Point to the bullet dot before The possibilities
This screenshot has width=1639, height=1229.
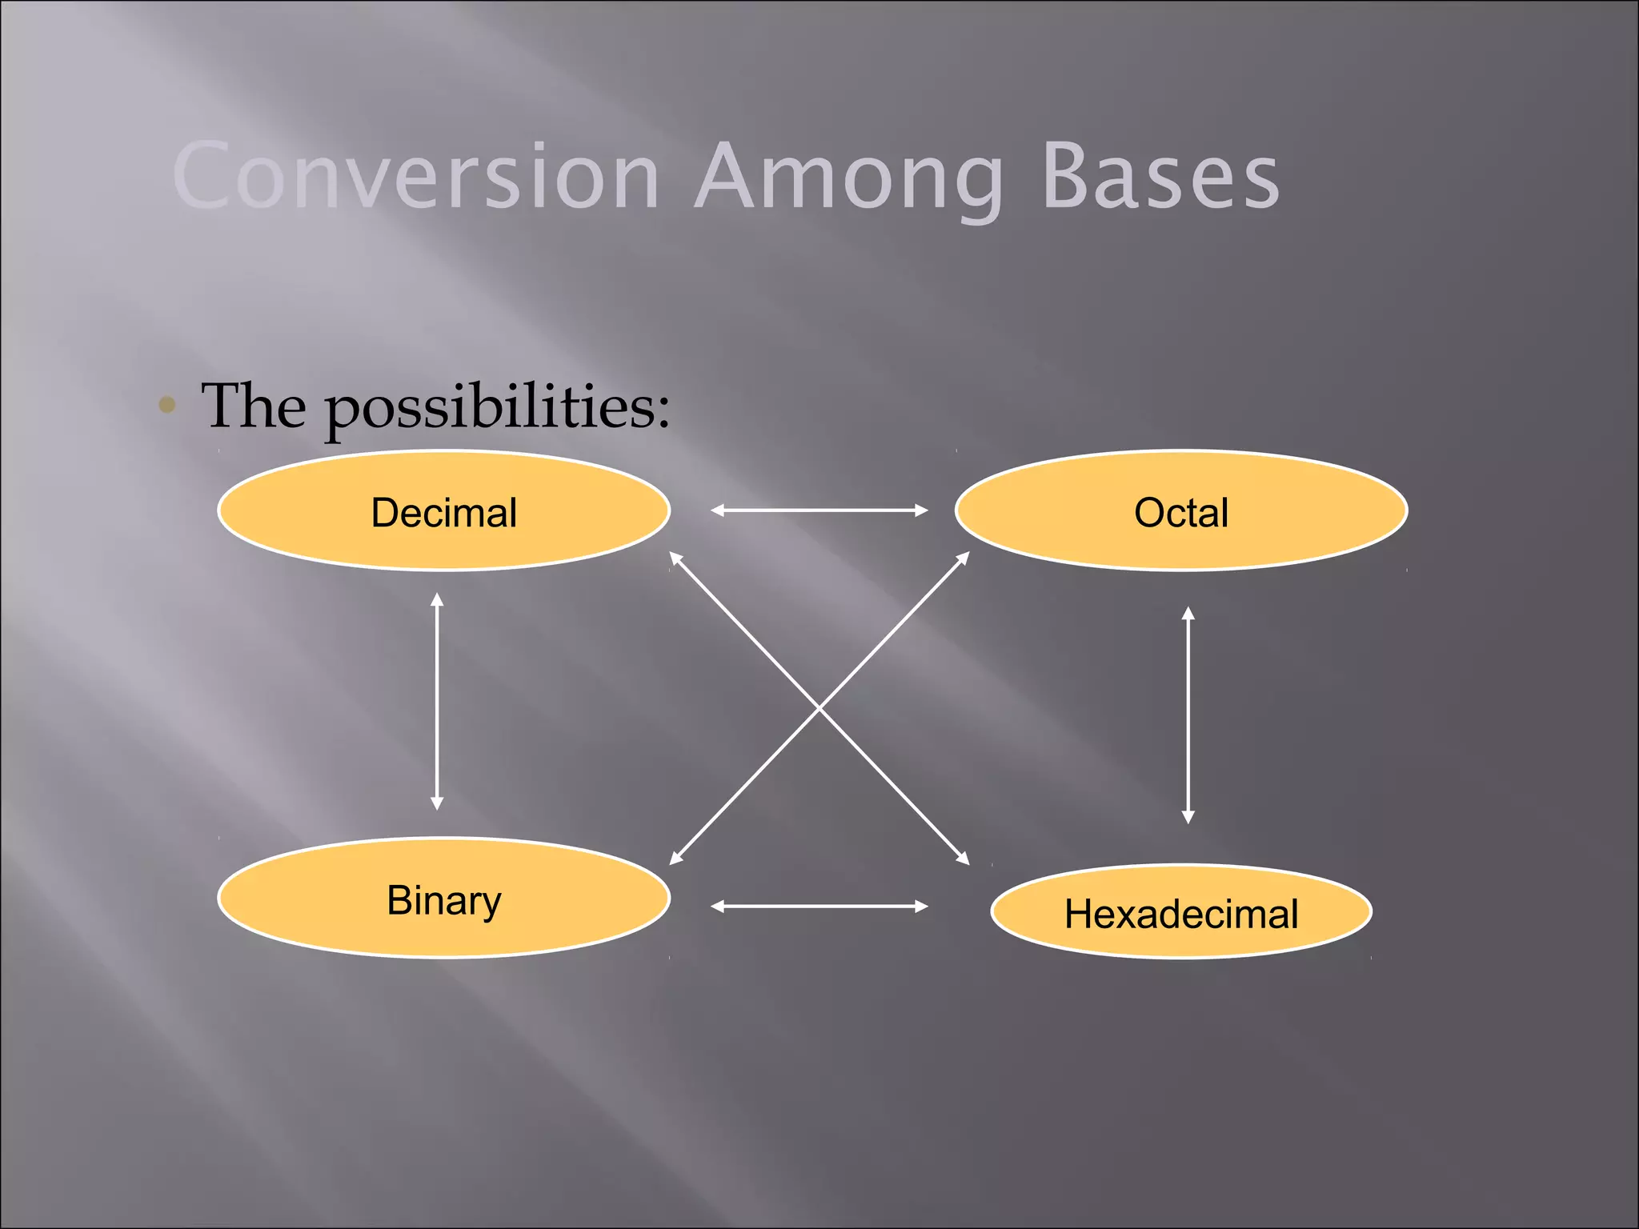pyautogui.click(x=167, y=405)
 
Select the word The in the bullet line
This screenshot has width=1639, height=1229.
pyautogui.click(x=253, y=406)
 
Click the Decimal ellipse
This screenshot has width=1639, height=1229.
pyautogui.click(x=444, y=511)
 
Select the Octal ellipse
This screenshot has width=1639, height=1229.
pyautogui.click(x=1181, y=511)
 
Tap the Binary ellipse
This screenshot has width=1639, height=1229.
pyautogui.click(x=444, y=899)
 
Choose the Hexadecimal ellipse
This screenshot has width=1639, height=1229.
pyautogui.click(x=1181, y=912)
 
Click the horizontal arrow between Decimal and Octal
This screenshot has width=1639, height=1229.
pyautogui.click(x=819, y=510)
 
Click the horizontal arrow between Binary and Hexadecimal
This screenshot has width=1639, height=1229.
pyautogui.click(x=819, y=906)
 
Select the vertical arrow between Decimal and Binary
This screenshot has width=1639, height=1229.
pyautogui.click(x=437, y=701)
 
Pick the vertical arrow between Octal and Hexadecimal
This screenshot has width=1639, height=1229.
pyautogui.click(x=1188, y=715)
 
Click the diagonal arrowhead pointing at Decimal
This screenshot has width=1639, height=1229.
pyautogui.click(x=675, y=557)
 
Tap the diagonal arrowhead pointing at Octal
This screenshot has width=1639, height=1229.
pyautogui.click(x=964, y=557)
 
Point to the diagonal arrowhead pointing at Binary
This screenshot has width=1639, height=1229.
pyautogui.click(x=675, y=859)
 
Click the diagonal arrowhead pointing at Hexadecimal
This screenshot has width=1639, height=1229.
pyautogui.click(x=964, y=859)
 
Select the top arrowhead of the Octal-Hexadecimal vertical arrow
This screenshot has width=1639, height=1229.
pyautogui.click(x=1188, y=612)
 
